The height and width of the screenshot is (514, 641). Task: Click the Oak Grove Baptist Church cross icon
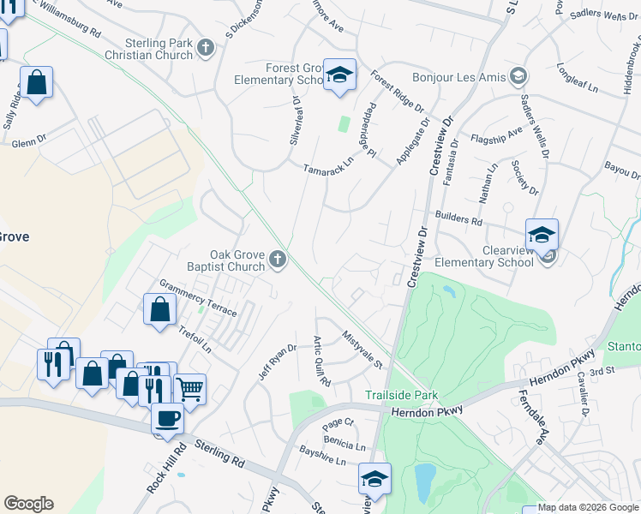click(x=277, y=259)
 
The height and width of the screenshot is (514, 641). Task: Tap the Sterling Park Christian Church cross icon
click(x=205, y=49)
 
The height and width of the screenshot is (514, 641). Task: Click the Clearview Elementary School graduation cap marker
click(x=542, y=234)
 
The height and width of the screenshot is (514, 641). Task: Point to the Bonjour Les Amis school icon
click(x=518, y=76)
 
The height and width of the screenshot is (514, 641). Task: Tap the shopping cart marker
click(x=189, y=389)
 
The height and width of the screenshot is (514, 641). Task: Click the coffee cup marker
click(x=167, y=418)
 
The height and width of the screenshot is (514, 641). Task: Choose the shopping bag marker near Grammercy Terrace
click(x=159, y=309)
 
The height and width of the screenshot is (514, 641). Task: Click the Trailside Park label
click(x=402, y=396)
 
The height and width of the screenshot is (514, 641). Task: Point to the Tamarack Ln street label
click(x=328, y=164)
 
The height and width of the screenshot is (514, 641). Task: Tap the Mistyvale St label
click(x=362, y=350)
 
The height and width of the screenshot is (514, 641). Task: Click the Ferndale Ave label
click(x=530, y=418)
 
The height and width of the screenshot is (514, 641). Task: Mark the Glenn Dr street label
click(x=28, y=144)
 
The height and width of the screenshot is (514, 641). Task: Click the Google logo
click(x=28, y=504)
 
